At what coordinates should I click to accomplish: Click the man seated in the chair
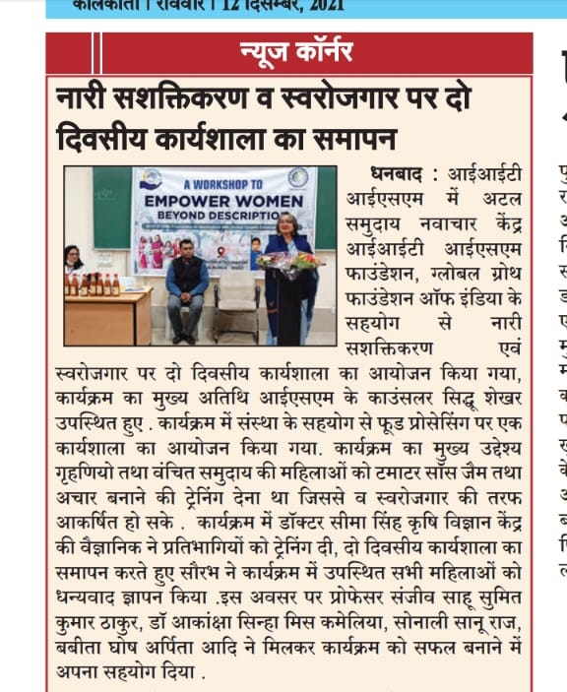pyautogui.click(x=187, y=285)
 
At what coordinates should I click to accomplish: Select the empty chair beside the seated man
pyautogui.click(x=237, y=295)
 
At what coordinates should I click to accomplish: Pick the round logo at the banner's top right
pyautogui.click(x=299, y=179)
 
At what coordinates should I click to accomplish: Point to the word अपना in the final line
pyautogui.click(x=80, y=673)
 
